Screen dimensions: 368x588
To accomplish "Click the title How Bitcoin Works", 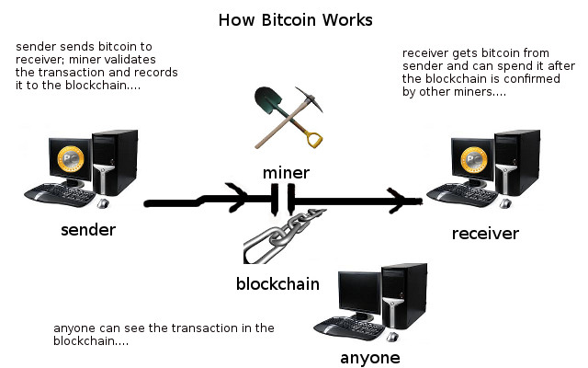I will (294, 19).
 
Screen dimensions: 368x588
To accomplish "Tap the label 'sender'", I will (87, 229).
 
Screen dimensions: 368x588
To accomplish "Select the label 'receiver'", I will (485, 233).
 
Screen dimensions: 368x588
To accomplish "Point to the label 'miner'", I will (285, 172).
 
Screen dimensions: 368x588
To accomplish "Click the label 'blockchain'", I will (277, 283).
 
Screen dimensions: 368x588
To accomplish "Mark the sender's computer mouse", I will (104, 202).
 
